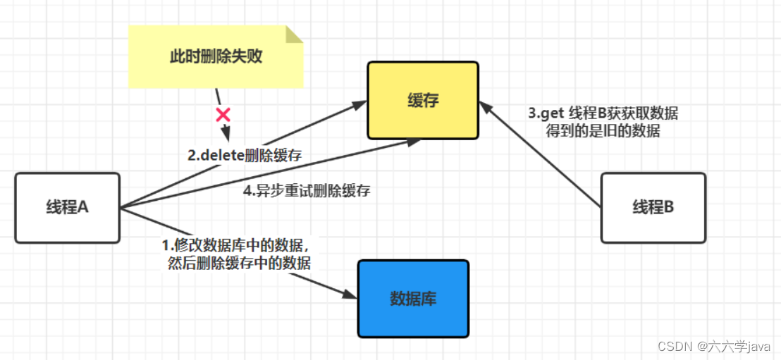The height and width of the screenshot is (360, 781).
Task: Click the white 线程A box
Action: click(67, 208)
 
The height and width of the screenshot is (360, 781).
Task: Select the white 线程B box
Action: click(653, 208)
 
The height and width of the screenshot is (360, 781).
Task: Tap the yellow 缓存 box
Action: click(423, 100)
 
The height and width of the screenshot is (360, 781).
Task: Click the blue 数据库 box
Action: click(413, 299)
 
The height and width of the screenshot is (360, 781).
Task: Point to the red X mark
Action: click(223, 114)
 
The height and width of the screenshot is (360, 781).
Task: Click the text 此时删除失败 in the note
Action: click(216, 57)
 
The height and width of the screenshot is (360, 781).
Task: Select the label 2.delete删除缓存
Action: click(244, 156)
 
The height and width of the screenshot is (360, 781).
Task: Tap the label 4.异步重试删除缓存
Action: click(307, 190)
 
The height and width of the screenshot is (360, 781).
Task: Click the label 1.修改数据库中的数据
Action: click(236, 246)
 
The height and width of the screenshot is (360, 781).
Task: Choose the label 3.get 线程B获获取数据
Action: click(603, 113)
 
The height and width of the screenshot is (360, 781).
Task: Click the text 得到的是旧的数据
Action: click(603, 130)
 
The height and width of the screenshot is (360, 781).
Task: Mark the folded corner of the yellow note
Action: click(295, 33)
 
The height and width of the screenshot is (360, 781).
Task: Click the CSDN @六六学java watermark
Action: click(713, 346)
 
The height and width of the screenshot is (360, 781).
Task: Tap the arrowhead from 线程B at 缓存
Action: click(485, 108)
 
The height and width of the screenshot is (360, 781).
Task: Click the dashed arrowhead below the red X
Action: click(226, 134)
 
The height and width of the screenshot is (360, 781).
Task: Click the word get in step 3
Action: click(554, 113)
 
